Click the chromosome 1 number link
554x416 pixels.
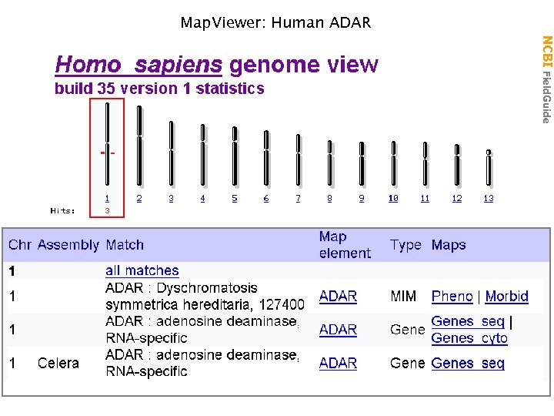[107, 199]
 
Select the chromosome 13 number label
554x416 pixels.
[489, 199]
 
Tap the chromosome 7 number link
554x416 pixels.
[299, 199]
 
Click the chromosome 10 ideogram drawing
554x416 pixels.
[393, 163]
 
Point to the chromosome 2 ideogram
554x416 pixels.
[139, 146]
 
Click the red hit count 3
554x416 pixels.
[107, 210]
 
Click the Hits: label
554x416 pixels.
[63, 210]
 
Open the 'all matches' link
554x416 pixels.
[142, 270]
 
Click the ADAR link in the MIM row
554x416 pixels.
[338, 296]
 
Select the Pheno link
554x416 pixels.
[452, 296]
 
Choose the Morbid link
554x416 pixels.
[506, 296]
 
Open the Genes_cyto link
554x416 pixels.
[469, 338]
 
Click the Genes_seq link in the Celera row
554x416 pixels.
[468, 363]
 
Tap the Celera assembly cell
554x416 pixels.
[58, 363]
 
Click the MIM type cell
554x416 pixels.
[403, 296]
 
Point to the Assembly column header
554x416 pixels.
[68, 245]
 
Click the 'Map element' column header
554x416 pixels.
[344, 245]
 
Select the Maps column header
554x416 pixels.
[449, 245]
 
